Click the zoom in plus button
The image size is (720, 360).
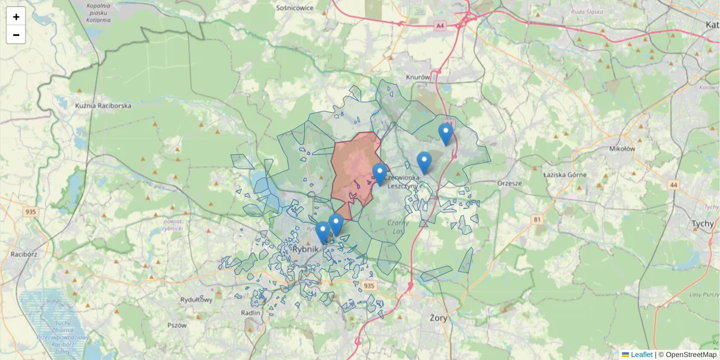pos(16,17)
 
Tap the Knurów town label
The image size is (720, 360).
pos(418,77)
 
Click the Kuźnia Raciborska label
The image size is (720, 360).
pos(103,106)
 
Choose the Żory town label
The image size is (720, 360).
pos(439,317)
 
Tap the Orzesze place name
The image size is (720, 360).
pos(510,183)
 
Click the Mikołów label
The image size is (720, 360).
pos(622,149)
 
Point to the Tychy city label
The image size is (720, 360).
pos(703,223)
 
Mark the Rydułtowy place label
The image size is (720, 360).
pos(197,299)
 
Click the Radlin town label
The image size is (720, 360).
pos(250,313)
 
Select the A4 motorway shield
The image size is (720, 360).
pos(440,25)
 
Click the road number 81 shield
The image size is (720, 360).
pos(537,220)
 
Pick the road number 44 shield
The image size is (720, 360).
pos(674,185)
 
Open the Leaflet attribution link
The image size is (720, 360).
pos(641,355)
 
